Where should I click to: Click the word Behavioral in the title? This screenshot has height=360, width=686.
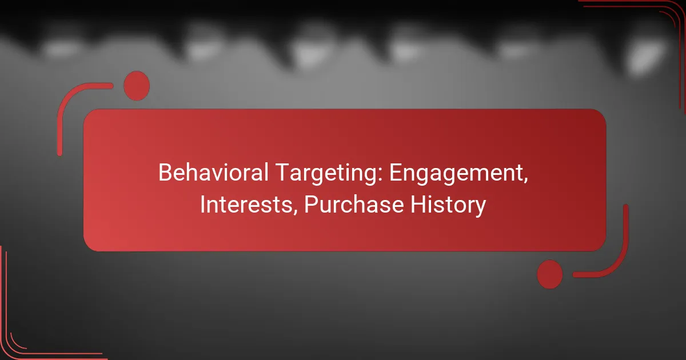[213, 173]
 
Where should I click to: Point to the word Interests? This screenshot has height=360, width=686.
[246, 204]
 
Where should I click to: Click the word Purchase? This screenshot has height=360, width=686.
[354, 204]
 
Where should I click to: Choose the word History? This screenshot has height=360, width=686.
[448, 205]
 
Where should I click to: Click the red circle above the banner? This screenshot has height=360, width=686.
[137, 86]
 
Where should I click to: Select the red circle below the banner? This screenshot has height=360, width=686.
[550, 274]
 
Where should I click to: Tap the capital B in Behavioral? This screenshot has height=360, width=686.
[165, 173]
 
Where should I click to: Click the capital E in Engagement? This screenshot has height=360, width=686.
[396, 173]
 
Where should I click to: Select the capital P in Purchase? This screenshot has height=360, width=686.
[312, 204]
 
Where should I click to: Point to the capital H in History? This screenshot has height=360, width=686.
[418, 204]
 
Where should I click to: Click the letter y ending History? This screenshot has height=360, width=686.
[479, 208]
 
